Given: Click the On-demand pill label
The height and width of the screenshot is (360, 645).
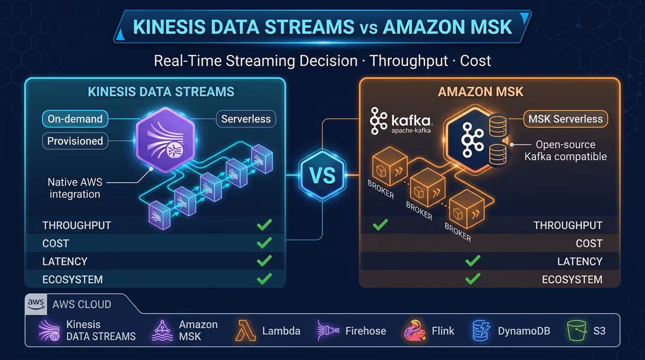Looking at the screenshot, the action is [x=75, y=119].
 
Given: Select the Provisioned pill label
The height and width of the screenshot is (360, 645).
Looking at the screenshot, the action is [x=75, y=141].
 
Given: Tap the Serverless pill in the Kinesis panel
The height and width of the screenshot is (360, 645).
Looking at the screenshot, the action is [x=246, y=119].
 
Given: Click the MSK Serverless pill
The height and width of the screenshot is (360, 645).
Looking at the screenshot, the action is [x=565, y=119].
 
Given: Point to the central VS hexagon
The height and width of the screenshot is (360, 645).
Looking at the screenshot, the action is [x=322, y=175].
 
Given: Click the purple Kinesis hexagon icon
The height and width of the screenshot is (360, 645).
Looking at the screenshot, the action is [x=166, y=140].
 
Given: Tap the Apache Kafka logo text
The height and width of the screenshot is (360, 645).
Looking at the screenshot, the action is [x=411, y=124].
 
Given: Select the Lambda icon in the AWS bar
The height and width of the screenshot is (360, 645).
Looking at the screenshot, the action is [x=245, y=330].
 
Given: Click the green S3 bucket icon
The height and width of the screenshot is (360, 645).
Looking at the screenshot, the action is [x=577, y=330].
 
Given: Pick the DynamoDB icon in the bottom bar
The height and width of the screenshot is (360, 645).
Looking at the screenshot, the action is [x=481, y=330].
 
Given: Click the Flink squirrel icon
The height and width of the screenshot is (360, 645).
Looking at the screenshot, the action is [x=414, y=330].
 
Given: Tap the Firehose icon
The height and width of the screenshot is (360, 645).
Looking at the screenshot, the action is [x=328, y=330].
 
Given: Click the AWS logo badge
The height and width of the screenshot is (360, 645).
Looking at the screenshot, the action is [x=36, y=304].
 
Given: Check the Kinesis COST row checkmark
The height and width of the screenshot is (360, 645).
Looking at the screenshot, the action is [x=264, y=242].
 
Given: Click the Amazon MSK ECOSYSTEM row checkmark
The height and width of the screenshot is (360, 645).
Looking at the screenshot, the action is [x=472, y=278].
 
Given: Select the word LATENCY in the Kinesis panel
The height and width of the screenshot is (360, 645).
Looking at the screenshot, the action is [x=65, y=261].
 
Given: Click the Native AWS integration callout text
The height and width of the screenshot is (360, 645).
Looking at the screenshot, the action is [x=75, y=188].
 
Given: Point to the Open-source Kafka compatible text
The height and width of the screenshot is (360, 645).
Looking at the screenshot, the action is [x=565, y=150].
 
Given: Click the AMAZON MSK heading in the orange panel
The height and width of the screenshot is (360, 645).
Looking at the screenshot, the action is [x=481, y=92].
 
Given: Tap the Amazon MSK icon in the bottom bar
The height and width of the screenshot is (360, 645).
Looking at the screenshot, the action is [x=162, y=330].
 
